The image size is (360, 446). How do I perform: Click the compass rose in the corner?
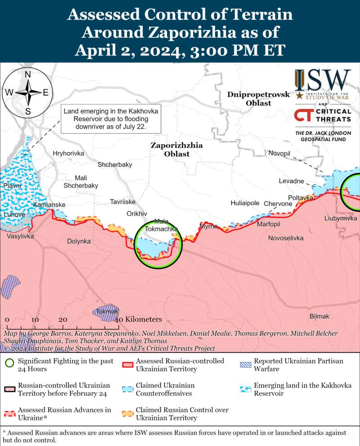pyautogui.click(x=27, y=93)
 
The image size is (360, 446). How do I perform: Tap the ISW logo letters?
pyautogui.click(x=322, y=81)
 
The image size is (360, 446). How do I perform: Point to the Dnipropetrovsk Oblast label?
pyautogui.click(x=252, y=99)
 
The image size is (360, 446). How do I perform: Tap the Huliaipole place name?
pyautogui.click(x=245, y=203)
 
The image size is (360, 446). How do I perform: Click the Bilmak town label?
pyautogui.click(x=319, y=317)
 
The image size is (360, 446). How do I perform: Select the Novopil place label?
pyautogui.click(x=279, y=154)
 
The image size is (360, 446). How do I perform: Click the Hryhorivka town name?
pyautogui.click(x=68, y=154)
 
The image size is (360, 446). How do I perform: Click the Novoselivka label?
pyautogui.click(x=285, y=238)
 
